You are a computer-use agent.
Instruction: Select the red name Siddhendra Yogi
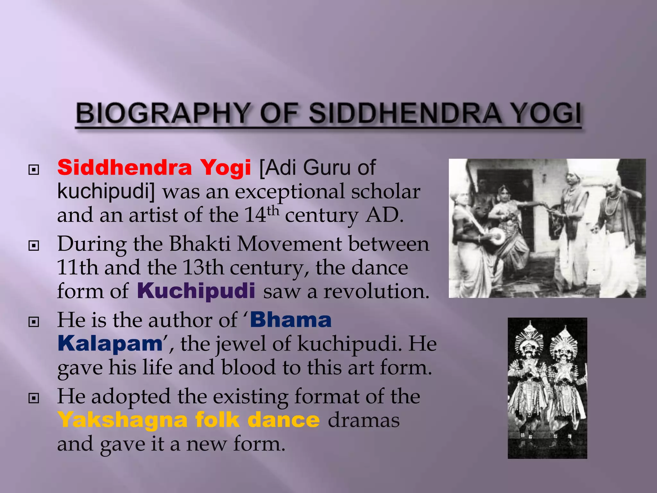tap(154, 168)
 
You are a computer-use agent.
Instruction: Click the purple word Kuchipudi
tap(196, 291)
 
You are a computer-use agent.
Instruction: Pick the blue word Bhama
tap(291, 320)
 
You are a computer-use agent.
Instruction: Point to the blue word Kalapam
tap(110, 343)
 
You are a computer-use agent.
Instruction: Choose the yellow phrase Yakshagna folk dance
tap(189, 420)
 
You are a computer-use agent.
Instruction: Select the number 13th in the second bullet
tap(203, 267)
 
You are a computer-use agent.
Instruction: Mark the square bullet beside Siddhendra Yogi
tap(34, 169)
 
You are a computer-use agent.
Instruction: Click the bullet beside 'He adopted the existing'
tap(34, 398)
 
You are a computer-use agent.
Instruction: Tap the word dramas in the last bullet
tap(363, 420)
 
